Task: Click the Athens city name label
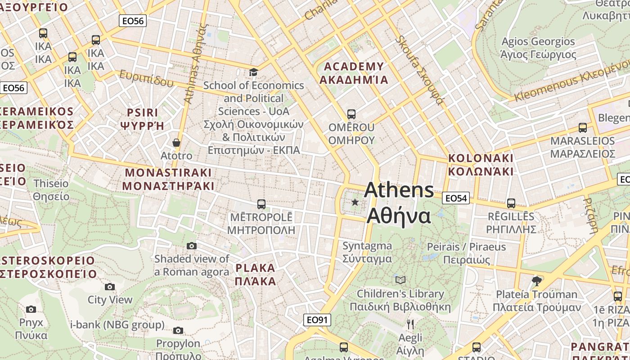click(399, 203)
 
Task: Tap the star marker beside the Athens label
click(355, 202)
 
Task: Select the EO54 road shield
click(456, 198)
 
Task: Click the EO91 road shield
click(317, 320)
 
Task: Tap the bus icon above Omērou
click(351, 114)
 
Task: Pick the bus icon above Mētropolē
click(261, 204)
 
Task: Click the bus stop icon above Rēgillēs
click(511, 203)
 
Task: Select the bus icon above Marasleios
click(582, 128)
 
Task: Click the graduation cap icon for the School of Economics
click(254, 72)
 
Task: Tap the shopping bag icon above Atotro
click(176, 143)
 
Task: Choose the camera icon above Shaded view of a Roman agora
click(192, 246)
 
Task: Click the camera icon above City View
click(110, 287)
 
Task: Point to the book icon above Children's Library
click(400, 280)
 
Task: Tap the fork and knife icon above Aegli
click(410, 324)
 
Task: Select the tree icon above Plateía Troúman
click(536, 281)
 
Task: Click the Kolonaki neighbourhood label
click(481, 165)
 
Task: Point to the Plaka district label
click(255, 274)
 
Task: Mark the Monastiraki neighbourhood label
click(168, 179)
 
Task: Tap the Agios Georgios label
click(538, 48)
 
